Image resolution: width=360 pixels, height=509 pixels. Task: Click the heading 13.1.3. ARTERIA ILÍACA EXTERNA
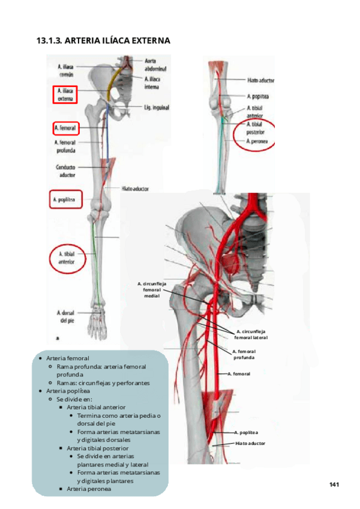[x=103, y=41]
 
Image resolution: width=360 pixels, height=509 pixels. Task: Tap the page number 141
[x=335, y=484]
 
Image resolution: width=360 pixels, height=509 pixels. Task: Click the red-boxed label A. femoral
[x=64, y=128]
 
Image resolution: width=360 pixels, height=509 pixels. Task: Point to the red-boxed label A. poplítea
[x=64, y=199]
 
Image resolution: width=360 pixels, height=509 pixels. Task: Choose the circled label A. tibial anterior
[x=66, y=258]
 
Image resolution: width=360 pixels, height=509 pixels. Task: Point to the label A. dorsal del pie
[x=65, y=316]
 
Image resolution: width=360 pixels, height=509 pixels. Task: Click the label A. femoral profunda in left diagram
[x=65, y=146]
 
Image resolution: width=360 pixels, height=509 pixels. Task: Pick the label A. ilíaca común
[x=66, y=71]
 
